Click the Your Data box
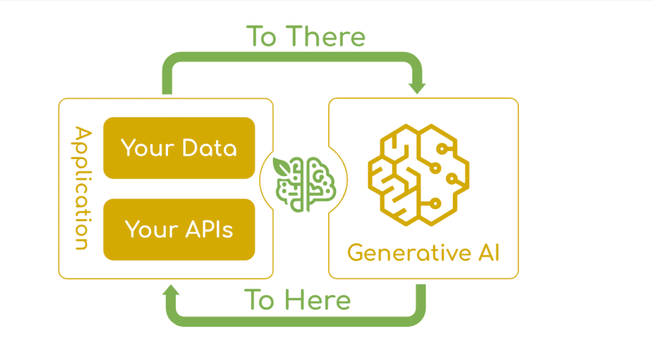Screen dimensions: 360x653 pos(179,148)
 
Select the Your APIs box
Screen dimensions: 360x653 pos(179,229)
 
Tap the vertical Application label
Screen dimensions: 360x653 pos(82,188)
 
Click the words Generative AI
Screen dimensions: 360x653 pos(423,252)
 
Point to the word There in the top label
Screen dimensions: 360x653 pos(326,36)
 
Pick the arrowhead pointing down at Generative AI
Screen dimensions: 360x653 pos(417,87)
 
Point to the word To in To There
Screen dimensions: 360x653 pos(261,36)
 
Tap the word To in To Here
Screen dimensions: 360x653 pos(259,300)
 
